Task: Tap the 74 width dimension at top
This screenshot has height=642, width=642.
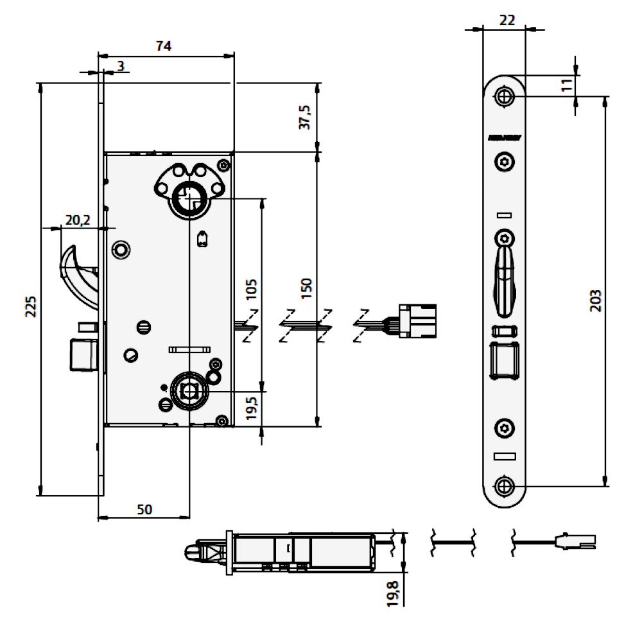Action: coord(164,46)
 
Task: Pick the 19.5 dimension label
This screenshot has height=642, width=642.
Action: coord(251,408)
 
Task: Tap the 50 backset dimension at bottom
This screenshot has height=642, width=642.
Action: coord(144,509)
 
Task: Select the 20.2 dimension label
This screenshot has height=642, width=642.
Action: coord(77,221)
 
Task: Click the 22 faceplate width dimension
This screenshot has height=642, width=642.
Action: coord(507,21)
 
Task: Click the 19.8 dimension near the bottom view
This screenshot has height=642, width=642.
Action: coord(394,594)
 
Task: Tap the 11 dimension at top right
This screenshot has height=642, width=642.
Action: coord(566,84)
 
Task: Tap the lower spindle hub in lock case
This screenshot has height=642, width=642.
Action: coord(189,390)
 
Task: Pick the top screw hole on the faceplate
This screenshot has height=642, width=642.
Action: coord(505,97)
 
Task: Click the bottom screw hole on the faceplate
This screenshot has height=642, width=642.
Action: coord(505,486)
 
